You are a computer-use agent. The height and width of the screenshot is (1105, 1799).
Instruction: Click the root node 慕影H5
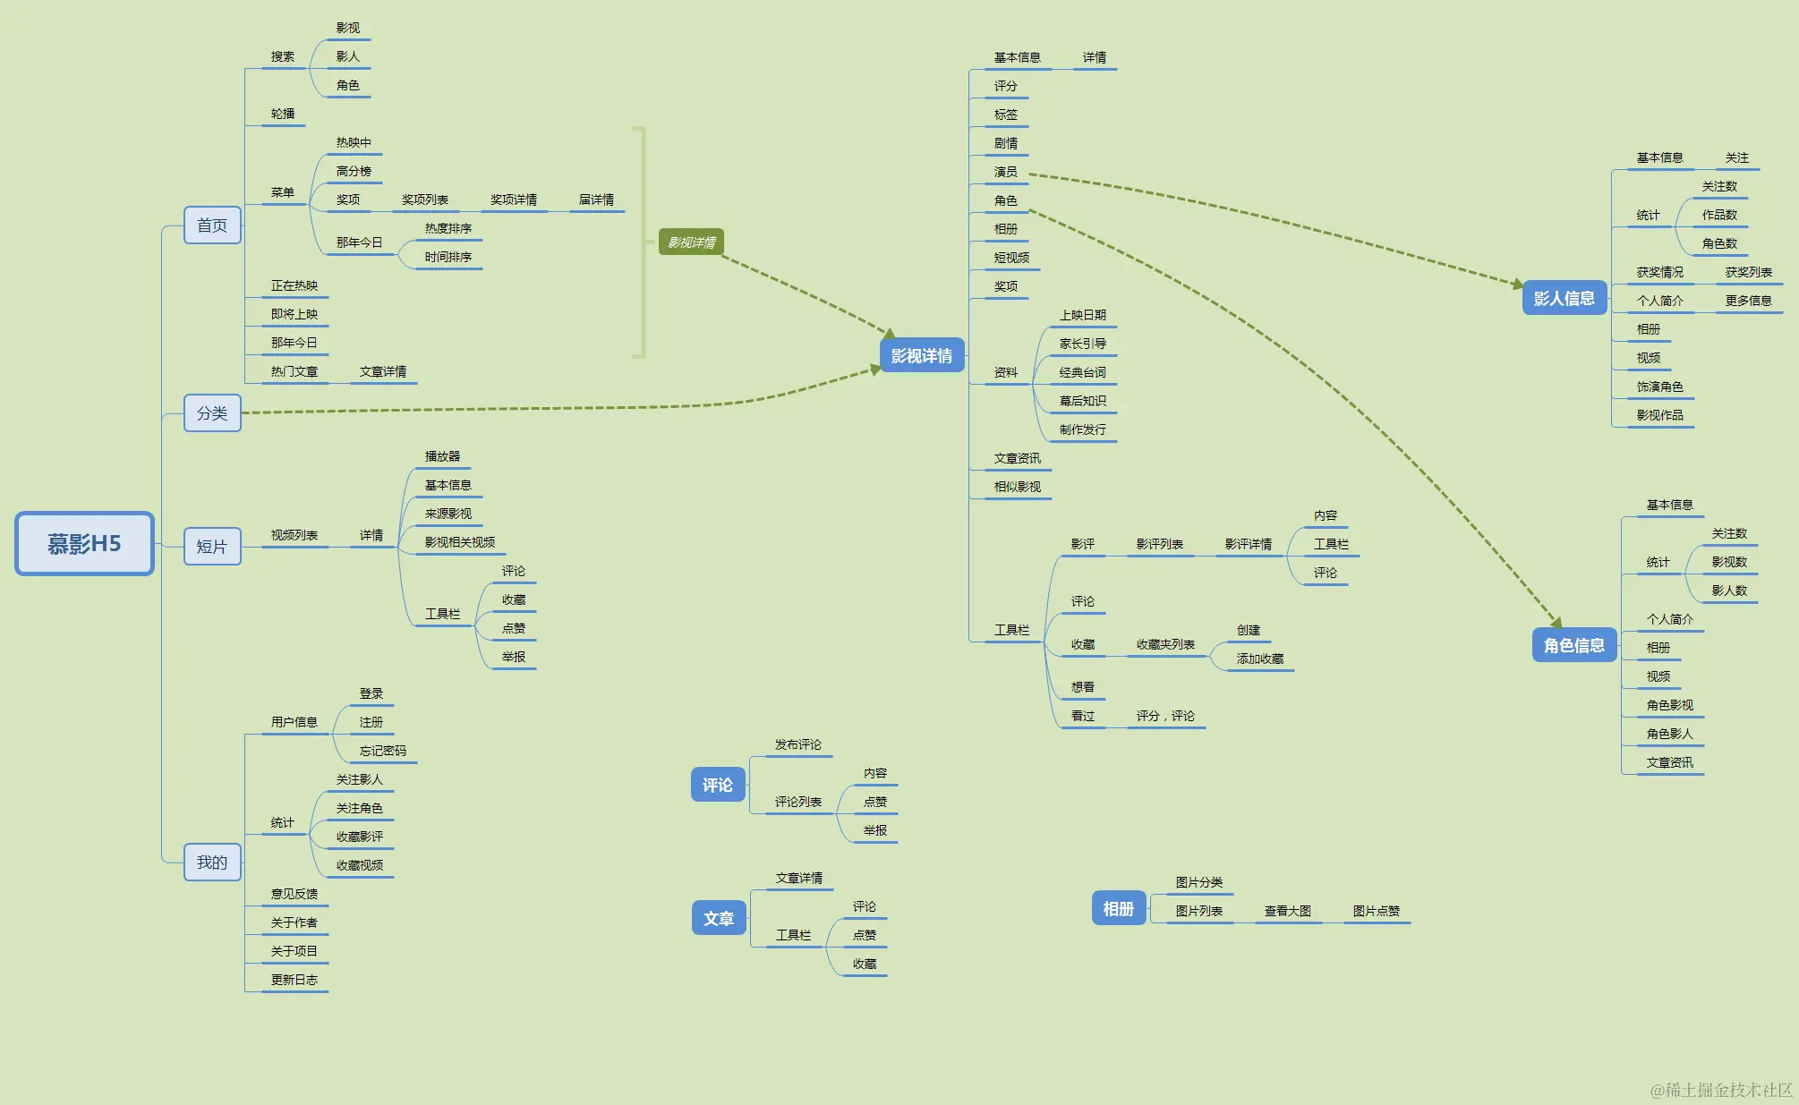(x=84, y=543)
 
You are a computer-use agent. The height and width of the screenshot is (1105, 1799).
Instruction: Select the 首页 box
(x=212, y=225)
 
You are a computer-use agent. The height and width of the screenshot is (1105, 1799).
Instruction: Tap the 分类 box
(x=212, y=413)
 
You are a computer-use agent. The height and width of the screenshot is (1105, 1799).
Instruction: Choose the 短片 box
(x=212, y=547)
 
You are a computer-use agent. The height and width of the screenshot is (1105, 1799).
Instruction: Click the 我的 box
(x=212, y=863)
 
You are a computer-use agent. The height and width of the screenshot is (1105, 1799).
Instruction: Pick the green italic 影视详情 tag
(x=691, y=242)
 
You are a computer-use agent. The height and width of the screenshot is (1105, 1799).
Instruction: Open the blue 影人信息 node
(x=1564, y=299)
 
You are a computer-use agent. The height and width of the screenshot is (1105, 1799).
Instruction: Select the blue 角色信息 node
(x=1573, y=645)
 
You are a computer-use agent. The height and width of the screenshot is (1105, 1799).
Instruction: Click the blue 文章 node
(x=718, y=919)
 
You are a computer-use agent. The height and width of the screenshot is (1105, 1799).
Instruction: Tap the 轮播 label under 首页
(x=283, y=114)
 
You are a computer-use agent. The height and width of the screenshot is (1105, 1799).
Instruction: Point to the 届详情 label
(x=596, y=200)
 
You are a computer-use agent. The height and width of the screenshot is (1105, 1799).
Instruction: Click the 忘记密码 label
(x=382, y=751)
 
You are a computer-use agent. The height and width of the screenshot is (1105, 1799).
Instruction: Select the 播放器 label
(x=442, y=456)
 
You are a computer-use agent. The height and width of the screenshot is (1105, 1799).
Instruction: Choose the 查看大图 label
(x=1287, y=911)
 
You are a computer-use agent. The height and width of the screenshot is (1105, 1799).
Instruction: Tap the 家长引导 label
(x=1082, y=344)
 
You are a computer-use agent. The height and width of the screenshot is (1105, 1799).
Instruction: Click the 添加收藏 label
(x=1259, y=659)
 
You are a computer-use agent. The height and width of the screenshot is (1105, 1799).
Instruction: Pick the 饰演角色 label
(x=1659, y=387)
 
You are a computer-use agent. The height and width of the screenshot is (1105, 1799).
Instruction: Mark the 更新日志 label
(x=294, y=980)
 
